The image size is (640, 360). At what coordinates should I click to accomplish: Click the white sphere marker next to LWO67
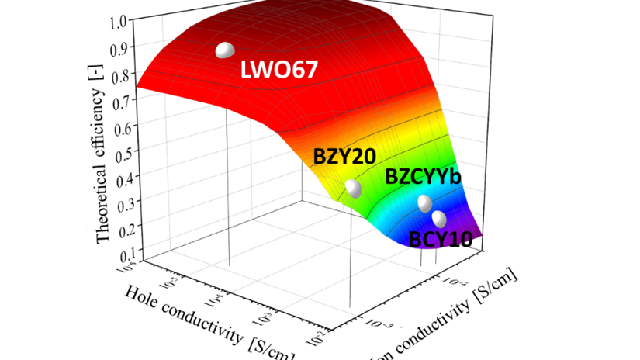pyautogui.click(x=224, y=50)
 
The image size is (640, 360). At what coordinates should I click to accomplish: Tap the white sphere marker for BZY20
pyautogui.click(x=353, y=189)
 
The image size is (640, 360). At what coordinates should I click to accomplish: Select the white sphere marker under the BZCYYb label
pyautogui.click(x=424, y=203)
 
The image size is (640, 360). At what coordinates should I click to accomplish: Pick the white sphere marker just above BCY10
pyautogui.click(x=438, y=218)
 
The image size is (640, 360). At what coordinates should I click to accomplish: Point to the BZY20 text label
pyautogui.click(x=344, y=156)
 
